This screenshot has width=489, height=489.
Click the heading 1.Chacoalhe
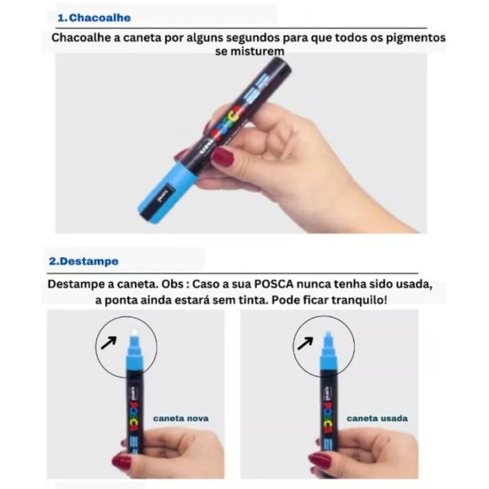[x=94, y=17]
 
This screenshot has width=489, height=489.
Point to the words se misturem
[x=244, y=51]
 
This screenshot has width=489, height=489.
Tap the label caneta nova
[x=180, y=417]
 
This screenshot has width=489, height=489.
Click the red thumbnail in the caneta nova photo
[x=122, y=461]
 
